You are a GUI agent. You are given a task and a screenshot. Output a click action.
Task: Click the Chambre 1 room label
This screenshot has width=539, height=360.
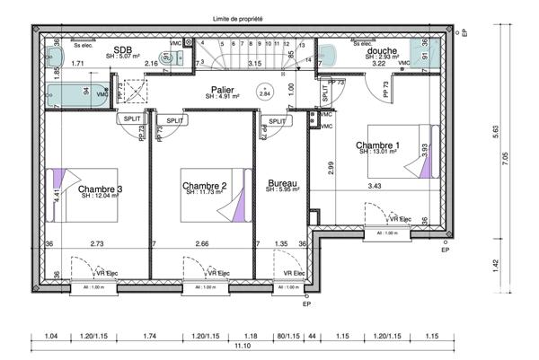click(378, 145)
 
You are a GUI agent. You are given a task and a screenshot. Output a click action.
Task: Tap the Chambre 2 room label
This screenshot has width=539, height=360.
click(205, 186)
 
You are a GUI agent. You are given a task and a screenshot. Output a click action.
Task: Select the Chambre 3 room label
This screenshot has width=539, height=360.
click(100, 189)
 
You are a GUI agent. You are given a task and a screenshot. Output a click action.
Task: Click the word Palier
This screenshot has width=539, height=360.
click(224, 90)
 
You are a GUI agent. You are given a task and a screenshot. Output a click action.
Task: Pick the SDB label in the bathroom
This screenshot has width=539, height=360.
click(123, 50)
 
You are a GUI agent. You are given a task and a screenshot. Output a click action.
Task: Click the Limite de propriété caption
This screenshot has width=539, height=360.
click(243, 18)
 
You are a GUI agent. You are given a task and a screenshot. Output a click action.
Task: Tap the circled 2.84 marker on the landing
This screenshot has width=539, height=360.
click(264, 92)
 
